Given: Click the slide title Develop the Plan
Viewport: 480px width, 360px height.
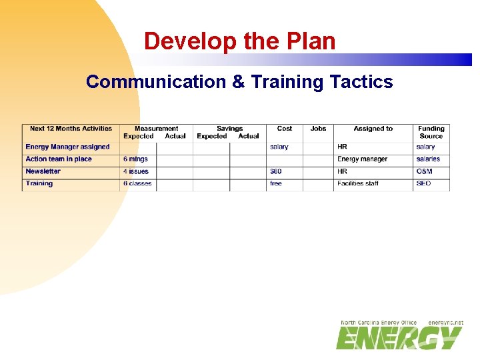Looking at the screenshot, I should (239, 41).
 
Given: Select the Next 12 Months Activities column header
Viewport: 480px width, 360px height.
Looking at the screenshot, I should (71, 129).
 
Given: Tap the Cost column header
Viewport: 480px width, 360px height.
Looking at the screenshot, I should (285, 129).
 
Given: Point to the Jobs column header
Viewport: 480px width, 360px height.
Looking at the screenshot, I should (318, 129).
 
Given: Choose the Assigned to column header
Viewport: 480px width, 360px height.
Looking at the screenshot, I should (373, 129).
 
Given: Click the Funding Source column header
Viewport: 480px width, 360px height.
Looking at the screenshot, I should (431, 132).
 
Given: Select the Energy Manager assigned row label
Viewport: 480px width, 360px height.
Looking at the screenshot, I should (67, 147).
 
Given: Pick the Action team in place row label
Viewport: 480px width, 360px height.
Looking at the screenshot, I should (59, 159).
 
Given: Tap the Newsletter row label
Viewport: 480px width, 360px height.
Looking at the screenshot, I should (43, 171).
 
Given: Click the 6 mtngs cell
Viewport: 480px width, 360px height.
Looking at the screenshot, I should (135, 159).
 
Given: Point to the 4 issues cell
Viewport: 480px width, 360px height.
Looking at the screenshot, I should (136, 171).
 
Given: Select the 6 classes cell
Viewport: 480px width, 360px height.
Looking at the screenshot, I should (137, 183).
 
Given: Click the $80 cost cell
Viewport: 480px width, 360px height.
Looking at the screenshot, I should (276, 171).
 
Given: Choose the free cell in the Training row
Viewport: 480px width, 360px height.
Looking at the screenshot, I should (276, 183).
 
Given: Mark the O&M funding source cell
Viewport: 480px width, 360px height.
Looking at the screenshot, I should (425, 171).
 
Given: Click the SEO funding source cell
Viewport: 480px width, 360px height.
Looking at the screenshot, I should (423, 183).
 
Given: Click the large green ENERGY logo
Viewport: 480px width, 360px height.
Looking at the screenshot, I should (399, 338).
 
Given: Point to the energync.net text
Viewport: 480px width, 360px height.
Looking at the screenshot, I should (445, 323).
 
